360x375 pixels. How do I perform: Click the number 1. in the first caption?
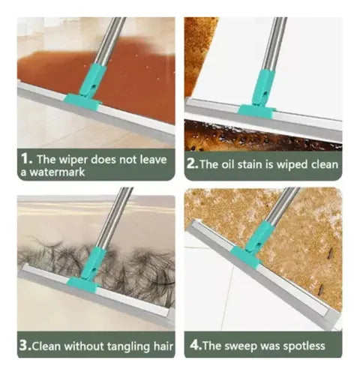click(x=25, y=159)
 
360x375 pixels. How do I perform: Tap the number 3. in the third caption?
click(x=25, y=346)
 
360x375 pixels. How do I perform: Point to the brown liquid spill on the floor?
click(x=52, y=67)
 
